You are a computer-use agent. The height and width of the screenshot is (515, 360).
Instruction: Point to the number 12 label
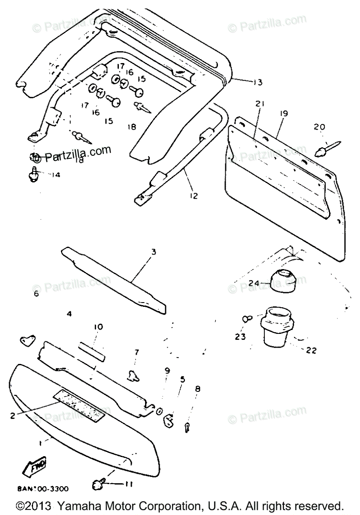[x=194, y=196]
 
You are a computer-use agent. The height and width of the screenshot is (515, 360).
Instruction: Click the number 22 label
[x=311, y=351]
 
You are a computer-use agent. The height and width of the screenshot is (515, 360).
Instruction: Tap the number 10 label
[x=98, y=327]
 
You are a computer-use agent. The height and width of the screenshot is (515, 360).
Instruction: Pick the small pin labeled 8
[x=188, y=427]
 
